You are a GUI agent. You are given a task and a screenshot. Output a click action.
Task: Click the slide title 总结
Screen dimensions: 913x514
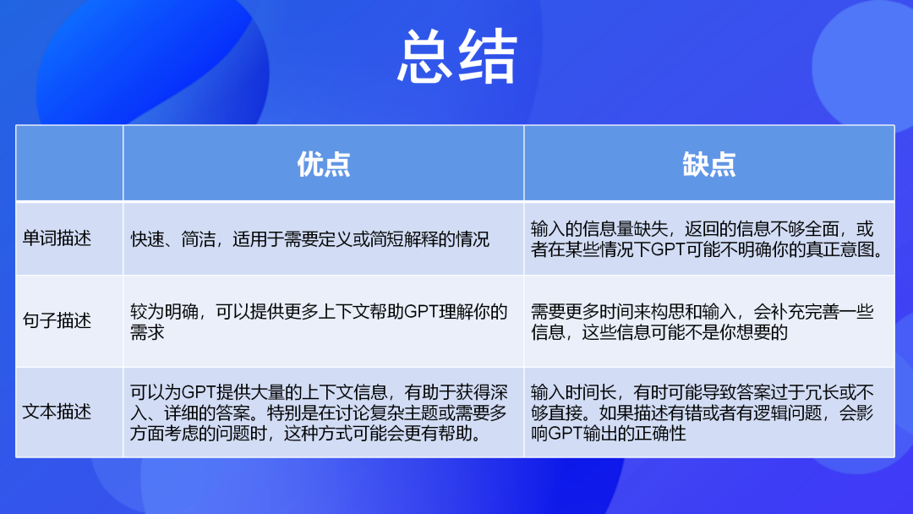[457, 57]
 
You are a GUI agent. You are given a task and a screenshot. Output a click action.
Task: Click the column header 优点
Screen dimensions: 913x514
[324, 164]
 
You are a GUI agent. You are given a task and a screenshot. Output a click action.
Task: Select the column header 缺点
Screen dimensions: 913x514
[709, 164]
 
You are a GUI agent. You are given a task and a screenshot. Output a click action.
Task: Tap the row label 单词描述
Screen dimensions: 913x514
[57, 238]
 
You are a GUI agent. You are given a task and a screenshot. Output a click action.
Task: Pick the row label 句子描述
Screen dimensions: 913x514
[57, 320]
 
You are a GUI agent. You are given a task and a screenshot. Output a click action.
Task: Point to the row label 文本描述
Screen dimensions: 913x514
[57, 412]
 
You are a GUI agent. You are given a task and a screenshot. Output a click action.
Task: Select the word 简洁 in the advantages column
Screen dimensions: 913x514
[199, 239]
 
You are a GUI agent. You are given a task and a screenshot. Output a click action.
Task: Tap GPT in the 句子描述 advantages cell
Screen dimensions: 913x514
[421, 312]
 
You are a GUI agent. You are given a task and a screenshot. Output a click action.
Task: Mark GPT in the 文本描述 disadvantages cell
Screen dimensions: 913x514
[566, 434]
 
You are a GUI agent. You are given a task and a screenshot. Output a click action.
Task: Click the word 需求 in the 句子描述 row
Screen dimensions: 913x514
[147, 332]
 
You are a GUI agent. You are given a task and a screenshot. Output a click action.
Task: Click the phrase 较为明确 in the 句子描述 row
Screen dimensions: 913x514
[164, 312]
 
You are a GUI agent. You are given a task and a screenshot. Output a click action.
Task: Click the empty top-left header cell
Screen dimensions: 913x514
[69, 163]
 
